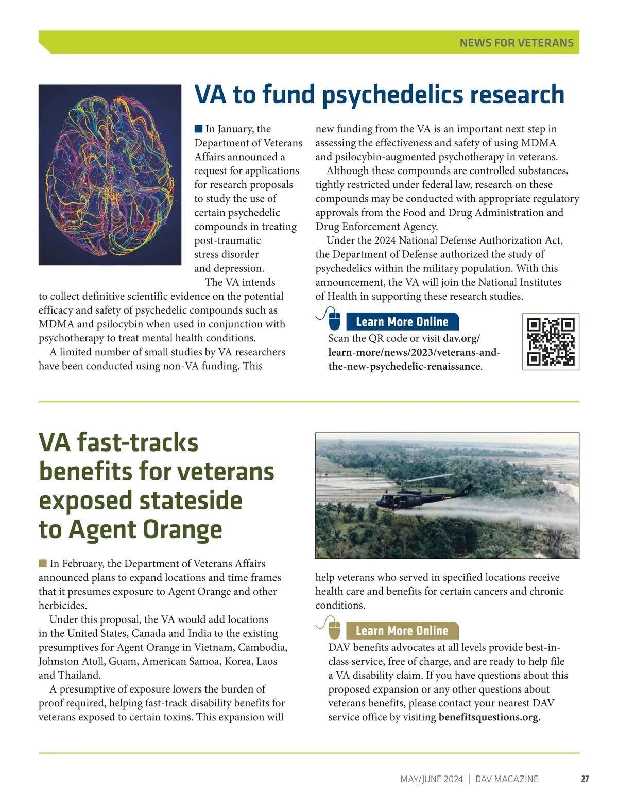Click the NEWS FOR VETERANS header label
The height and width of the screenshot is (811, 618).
[516, 43]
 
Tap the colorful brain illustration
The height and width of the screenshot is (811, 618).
[110, 175]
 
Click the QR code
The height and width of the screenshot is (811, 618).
[551, 341]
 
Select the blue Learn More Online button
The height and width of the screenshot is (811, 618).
[402, 322]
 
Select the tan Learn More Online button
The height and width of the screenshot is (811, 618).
[402, 631]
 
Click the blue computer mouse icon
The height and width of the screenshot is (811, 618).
[334, 320]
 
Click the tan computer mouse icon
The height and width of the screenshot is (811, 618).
[334, 629]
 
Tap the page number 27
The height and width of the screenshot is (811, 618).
[585, 779]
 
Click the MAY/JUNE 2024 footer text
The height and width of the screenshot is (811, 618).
[432, 779]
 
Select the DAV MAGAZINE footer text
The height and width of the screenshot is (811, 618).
[507, 779]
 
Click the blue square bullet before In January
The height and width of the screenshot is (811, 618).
[198, 129]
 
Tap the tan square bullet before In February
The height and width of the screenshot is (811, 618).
[43, 563]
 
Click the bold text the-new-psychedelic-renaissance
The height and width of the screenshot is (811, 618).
[404, 367]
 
